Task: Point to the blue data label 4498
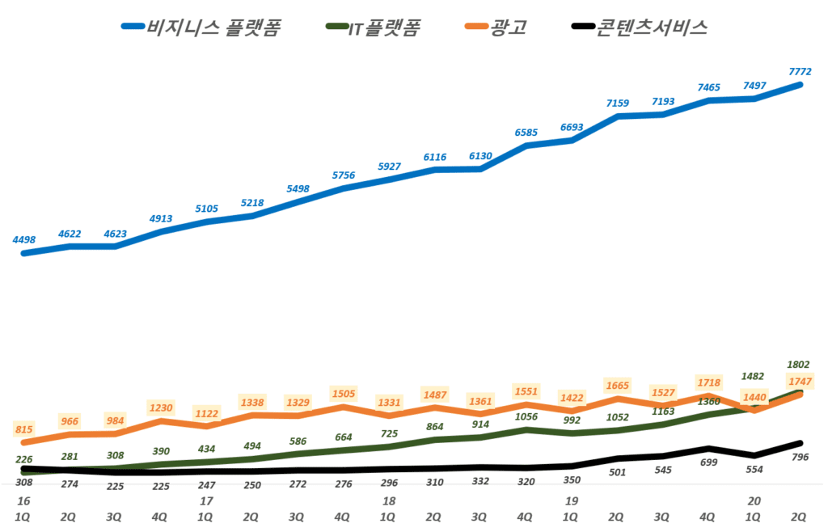(24, 239)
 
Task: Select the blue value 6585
(526, 132)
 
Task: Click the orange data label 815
(24, 430)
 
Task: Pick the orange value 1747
(798, 380)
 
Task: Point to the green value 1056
(526, 417)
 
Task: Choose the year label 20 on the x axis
(754, 501)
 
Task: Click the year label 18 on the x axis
(389, 501)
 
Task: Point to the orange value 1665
(618, 386)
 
